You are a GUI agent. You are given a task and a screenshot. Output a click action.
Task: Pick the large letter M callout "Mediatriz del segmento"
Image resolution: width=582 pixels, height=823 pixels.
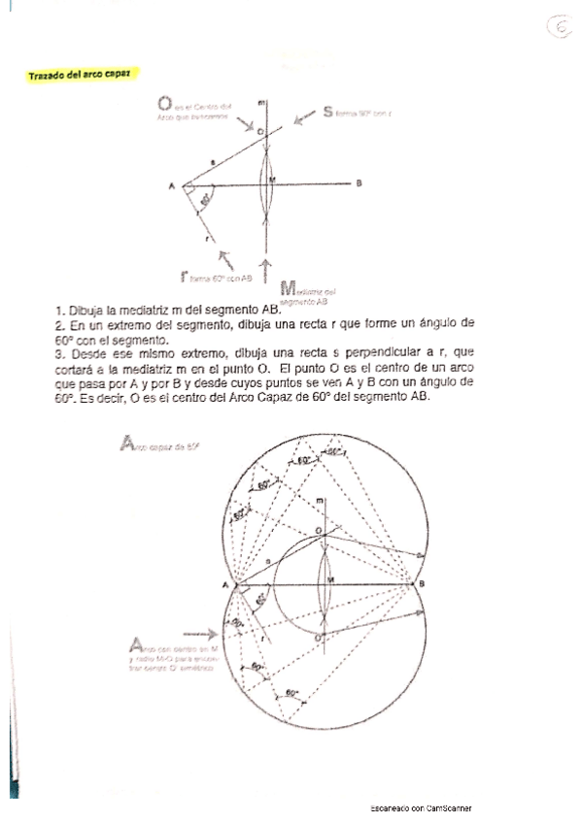[x=287, y=287]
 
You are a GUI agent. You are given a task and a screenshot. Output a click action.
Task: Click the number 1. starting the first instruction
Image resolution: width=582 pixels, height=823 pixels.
[x=60, y=310]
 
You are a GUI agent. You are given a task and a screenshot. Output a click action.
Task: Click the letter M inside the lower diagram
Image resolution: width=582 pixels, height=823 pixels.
[x=331, y=580]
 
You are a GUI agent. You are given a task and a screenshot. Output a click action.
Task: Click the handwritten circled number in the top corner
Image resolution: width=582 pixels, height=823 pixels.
[x=561, y=29]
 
